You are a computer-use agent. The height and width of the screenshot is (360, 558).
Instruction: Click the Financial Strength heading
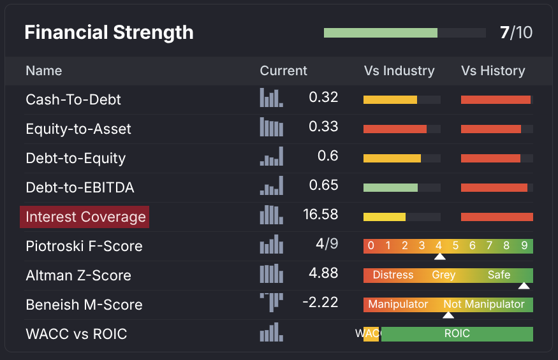[109, 32]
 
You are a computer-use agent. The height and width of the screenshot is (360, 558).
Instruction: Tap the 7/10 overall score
[516, 32]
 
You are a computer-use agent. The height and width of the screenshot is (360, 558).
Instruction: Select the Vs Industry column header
[399, 71]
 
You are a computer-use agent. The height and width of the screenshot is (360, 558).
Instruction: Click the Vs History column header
[493, 71]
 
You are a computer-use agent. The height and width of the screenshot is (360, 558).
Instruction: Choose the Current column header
[283, 71]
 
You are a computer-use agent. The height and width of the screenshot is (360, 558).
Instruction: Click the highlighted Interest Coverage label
[85, 217]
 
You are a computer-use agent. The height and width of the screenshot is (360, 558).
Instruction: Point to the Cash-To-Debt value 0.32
[323, 97]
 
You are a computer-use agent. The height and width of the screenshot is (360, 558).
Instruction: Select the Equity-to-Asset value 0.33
[323, 127]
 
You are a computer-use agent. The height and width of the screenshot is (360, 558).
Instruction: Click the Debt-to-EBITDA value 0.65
[323, 185]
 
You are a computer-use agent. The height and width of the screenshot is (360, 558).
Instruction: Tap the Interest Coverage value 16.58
[321, 215]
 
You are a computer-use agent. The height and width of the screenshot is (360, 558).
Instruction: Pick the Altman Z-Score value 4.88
[323, 273]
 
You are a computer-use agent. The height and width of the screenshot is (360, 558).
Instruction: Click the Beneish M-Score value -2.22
[320, 303]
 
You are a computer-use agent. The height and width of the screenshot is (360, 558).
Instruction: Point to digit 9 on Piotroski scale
[524, 246]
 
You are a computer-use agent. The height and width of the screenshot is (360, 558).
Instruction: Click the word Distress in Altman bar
[393, 275]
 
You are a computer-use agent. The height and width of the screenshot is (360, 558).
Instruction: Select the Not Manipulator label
[483, 305]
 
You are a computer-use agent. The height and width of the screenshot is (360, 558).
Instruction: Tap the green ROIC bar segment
[457, 334]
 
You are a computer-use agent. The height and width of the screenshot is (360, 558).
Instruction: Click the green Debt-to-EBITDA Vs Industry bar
[390, 187]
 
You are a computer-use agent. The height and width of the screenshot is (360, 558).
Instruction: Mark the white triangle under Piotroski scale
[439, 257]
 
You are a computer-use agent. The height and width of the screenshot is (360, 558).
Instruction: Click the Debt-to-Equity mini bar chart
[272, 157]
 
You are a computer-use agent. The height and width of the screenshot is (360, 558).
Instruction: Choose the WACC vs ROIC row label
[77, 334]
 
